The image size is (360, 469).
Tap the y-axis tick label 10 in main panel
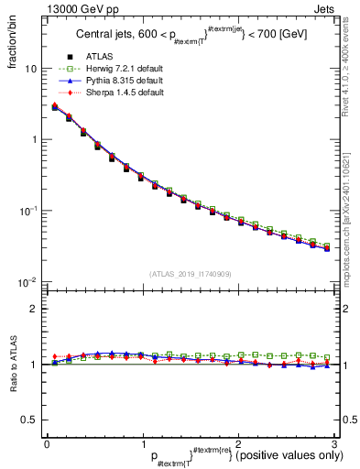(x=30, y=69)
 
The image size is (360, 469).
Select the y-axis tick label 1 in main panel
(x=33, y=140)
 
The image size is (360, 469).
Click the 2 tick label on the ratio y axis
(x=33, y=309)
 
